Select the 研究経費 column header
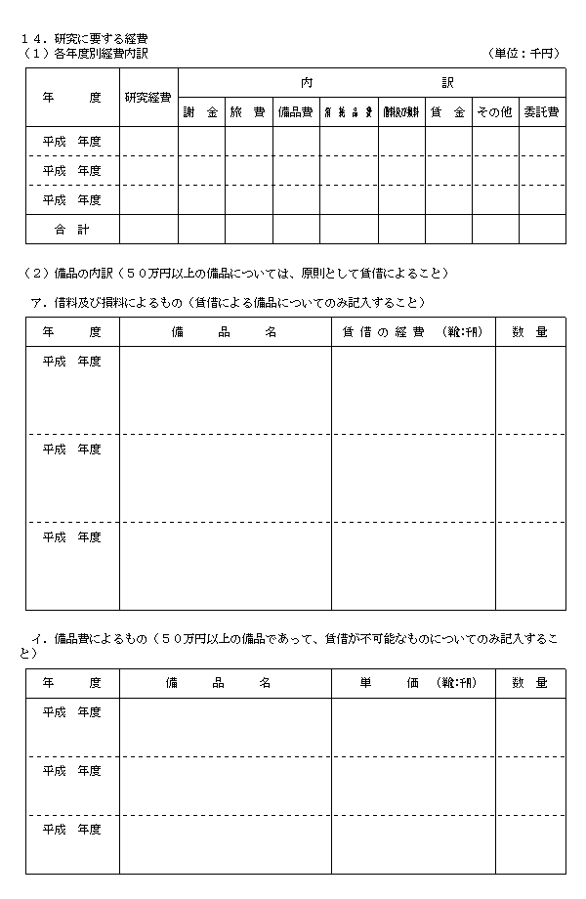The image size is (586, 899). coord(148,98)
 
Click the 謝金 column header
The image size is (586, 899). coord(200,112)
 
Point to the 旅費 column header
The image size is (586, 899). coord(248,112)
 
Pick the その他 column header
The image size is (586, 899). coord(494,112)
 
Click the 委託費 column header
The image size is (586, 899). coord(541,112)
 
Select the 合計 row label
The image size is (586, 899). coord(72,229)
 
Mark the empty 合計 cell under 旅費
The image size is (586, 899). coord(248,229)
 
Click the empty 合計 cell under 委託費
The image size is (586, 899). coord(541,229)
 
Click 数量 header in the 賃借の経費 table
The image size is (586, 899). coord(529,332)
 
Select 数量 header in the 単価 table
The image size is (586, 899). coord(529,683)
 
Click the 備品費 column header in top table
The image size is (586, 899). coord(295,112)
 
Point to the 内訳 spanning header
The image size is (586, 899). coord(371,82)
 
